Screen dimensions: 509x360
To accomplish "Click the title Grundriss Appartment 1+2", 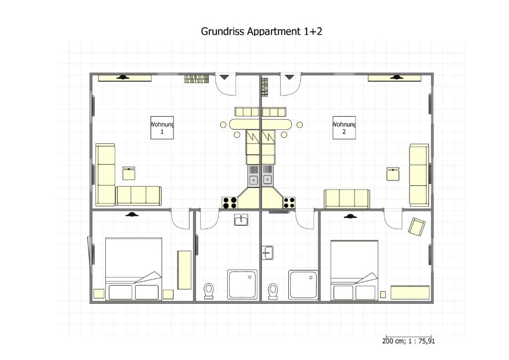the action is [261, 31].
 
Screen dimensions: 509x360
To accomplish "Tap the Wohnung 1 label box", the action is [162, 128].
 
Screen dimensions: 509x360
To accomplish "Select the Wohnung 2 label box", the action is [344, 128].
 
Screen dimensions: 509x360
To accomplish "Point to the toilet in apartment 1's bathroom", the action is [208, 290].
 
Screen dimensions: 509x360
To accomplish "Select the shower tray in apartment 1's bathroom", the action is [243, 284].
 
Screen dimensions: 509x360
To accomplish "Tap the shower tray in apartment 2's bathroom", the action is [303, 284].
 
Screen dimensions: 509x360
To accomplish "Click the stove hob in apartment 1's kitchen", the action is [230, 202].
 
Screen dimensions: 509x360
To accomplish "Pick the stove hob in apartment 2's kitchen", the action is [289, 202].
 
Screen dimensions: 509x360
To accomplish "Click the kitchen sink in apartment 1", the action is [253, 176].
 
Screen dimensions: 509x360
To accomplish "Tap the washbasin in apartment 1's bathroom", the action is [241, 220].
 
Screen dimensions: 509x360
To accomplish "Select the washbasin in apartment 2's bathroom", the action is [267, 253].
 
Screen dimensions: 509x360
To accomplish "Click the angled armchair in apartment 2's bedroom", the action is [417, 227].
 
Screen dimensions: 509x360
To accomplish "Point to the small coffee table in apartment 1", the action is [129, 174].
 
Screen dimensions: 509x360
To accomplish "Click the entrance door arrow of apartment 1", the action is [224, 77].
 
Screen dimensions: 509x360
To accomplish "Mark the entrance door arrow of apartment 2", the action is [290, 77].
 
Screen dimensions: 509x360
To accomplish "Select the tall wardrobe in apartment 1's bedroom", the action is [184, 270].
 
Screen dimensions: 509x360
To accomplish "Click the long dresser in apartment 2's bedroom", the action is [410, 292].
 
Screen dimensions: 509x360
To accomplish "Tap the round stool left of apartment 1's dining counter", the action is [223, 125].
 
